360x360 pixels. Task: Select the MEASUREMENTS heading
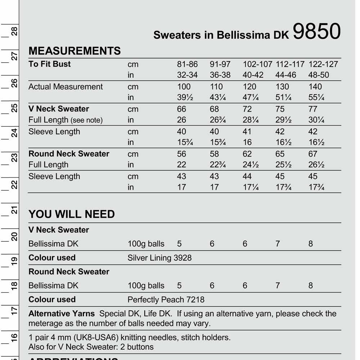tap(75, 51)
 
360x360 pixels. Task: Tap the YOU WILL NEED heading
tap(72, 214)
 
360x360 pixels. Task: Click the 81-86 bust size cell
tap(187, 64)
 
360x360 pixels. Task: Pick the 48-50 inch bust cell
tap(319, 75)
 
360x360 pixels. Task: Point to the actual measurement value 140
tap(315, 87)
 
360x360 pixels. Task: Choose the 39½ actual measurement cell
tap(185, 98)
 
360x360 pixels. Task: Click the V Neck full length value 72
tap(247, 109)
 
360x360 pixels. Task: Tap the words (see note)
tap(86, 120)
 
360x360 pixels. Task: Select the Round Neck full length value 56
tap(182, 154)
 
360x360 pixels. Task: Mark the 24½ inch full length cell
tap(251, 165)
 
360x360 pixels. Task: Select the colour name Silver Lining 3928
tap(159, 258)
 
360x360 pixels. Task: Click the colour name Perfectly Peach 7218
tap(166, 300)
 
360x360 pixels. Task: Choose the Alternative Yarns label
tap(62, 314)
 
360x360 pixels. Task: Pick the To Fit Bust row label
tap(50, 64)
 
